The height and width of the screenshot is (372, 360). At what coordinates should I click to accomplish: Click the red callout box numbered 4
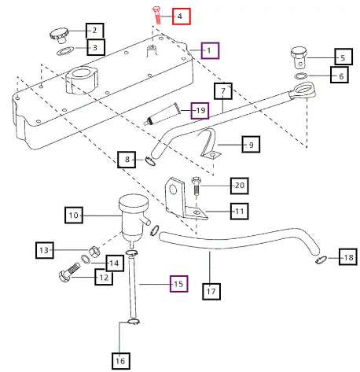[x=181, y=17]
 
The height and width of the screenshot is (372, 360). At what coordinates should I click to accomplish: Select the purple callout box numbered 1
[x=210, y=50]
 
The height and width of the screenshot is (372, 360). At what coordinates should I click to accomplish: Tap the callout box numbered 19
[x=200, y=110]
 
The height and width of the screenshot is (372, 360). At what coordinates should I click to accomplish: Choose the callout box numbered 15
[x=178, y=284]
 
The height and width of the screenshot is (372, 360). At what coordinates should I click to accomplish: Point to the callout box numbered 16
[x=121, y=361]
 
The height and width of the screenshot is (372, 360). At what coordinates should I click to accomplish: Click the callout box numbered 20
[x=240, y=186]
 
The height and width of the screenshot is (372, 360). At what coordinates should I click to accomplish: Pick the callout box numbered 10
[x=74, y=215]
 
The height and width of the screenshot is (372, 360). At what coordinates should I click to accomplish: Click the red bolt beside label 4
[x=156, y=15]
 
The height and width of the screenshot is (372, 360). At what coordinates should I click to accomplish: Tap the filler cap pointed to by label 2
[x=60, y=35]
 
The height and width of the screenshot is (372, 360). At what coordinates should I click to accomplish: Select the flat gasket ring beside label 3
[x=65, y=51]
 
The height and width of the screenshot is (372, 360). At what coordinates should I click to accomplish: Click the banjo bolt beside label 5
[x=299, y=57]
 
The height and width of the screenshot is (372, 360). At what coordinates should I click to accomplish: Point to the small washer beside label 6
[x=301, y=76]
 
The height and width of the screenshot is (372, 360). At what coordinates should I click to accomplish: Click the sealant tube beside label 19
[x=163, y=114]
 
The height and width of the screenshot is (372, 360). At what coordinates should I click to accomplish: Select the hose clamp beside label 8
[x=150, y=161]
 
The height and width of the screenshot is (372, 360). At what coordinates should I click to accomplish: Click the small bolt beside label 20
[x=196, y=186]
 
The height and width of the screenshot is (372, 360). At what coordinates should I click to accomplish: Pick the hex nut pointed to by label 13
[x=94, y=252]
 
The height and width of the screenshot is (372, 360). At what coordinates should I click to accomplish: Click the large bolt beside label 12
[x=69, y=273]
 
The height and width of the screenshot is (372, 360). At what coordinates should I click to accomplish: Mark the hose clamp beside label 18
[x=321, y=260]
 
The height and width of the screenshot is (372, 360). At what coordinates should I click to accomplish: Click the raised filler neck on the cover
[x=82, y=80]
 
